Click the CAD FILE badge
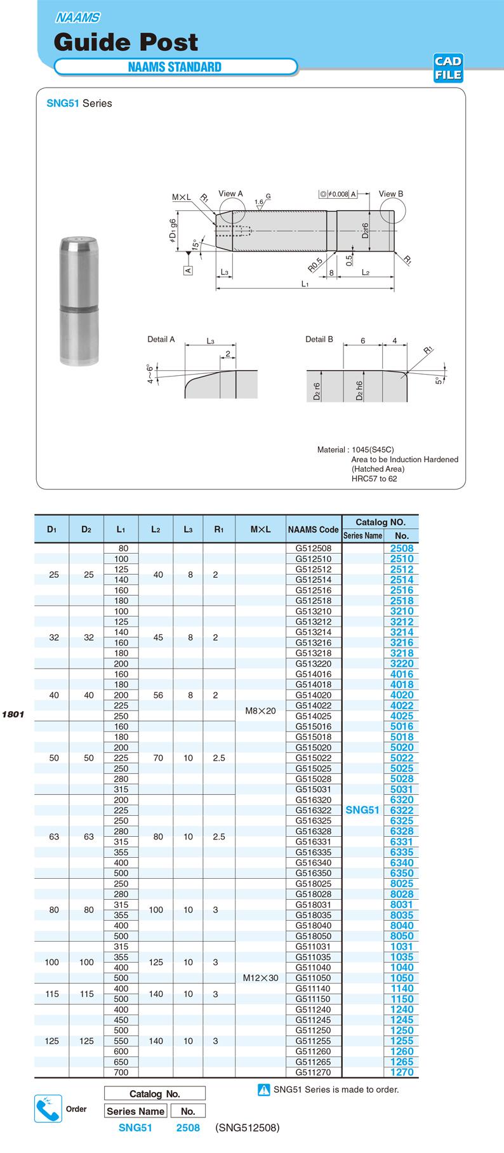448,68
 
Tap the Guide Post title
126,42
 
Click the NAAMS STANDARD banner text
175,67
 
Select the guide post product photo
79,301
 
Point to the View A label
230,194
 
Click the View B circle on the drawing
392,210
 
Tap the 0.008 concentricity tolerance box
338,194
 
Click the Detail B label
319,339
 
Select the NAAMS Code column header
314,529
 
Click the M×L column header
260,529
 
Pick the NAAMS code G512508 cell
314,549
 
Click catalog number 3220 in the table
402,663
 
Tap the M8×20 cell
260,710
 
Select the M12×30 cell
260,978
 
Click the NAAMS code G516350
314,873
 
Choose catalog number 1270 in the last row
402,1072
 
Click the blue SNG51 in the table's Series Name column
362,810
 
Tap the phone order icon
48,1109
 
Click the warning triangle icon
264,1090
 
